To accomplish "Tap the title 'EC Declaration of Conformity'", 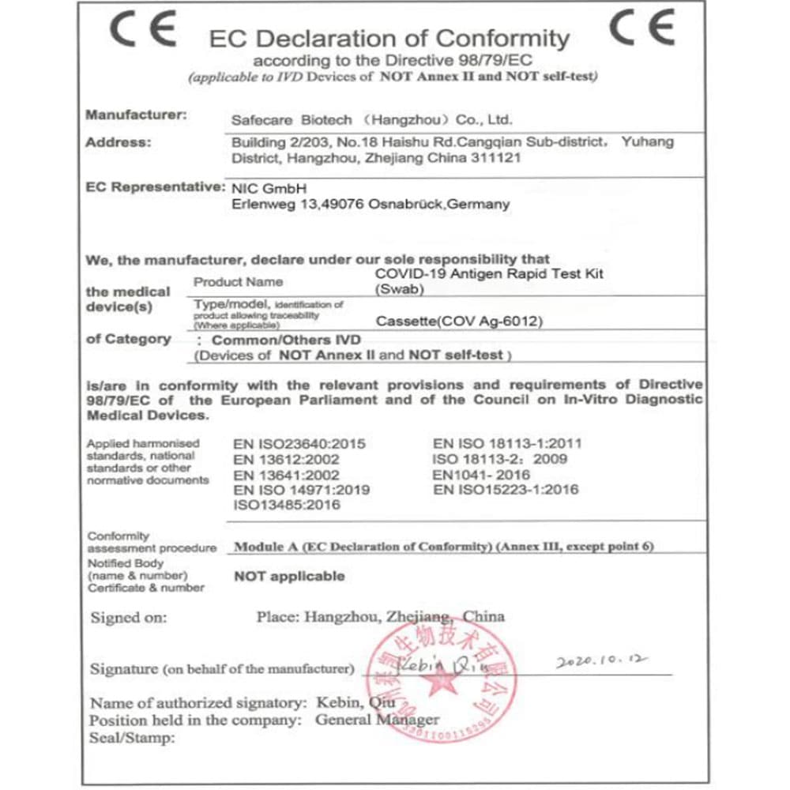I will [x=389, y=38].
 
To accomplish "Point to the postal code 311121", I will [x=497, y=159].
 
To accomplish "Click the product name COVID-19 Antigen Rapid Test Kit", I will [x=490, y=273].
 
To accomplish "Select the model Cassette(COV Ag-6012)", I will [x=460, y=322].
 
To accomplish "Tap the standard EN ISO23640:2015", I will [x=299, y=444].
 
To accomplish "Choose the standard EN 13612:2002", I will [x=287, y=460].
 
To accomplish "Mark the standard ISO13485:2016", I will [x=287, y=505].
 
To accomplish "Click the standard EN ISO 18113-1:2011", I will [x=506, y=444].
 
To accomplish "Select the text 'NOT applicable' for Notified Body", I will [x=289, y=577].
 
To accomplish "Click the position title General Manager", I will [x=377, y=720].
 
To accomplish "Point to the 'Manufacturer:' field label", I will [x=136, y=115].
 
